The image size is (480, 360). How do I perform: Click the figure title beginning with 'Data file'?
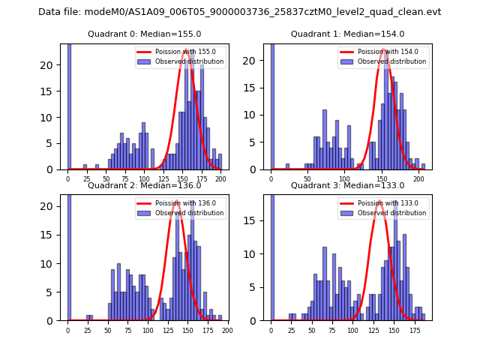point(240,12)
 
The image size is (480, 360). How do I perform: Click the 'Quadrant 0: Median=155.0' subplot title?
point(145,34)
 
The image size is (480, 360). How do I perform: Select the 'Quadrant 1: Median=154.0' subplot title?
point(348,34)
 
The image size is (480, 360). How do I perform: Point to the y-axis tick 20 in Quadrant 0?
point(52,65)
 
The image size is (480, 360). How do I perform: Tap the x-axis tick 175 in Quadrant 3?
point(415,330)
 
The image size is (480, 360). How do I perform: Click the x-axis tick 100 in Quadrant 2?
point(148,330)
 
